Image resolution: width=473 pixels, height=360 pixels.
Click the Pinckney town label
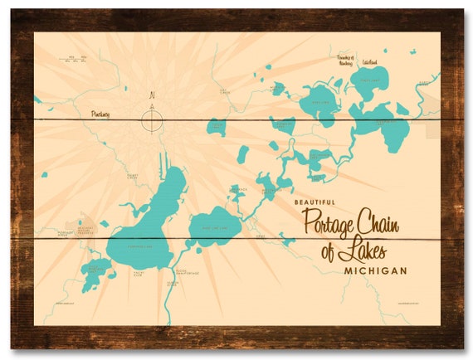click(x=100, y=113)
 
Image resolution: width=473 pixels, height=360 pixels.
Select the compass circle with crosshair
click(x=151, y=121)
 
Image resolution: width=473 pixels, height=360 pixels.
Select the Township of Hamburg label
click(x=344, y=59)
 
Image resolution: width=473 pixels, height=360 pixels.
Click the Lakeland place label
click(x=369, y=61)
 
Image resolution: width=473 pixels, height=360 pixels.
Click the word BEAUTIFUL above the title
click(x=315, y=202)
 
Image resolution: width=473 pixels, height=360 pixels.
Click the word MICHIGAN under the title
click(x=374, y=271)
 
